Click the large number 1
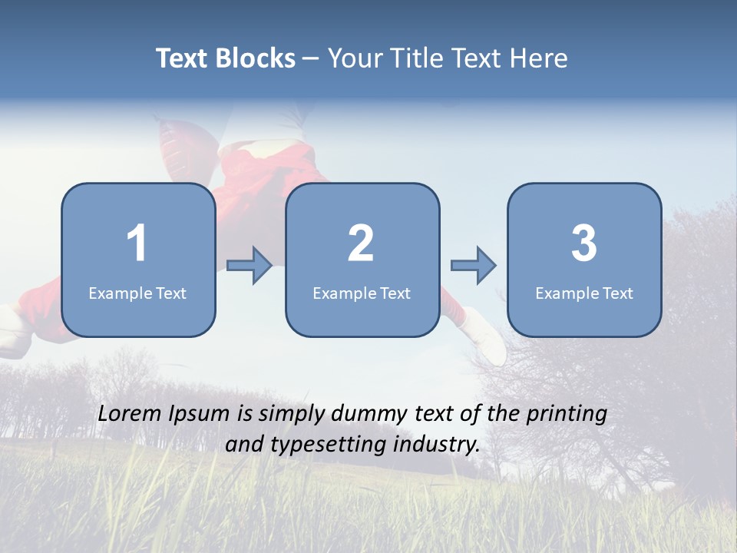pos(137,243)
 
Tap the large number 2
pos(361,243)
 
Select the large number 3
pos(584,243)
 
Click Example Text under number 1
pos(137,293)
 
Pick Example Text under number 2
pos(362,293)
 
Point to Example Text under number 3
pos(584,293)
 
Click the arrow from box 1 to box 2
pos(250,266)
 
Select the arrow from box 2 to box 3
pos(474,266)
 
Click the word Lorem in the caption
pos(129,414)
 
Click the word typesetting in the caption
pos(319,445)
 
